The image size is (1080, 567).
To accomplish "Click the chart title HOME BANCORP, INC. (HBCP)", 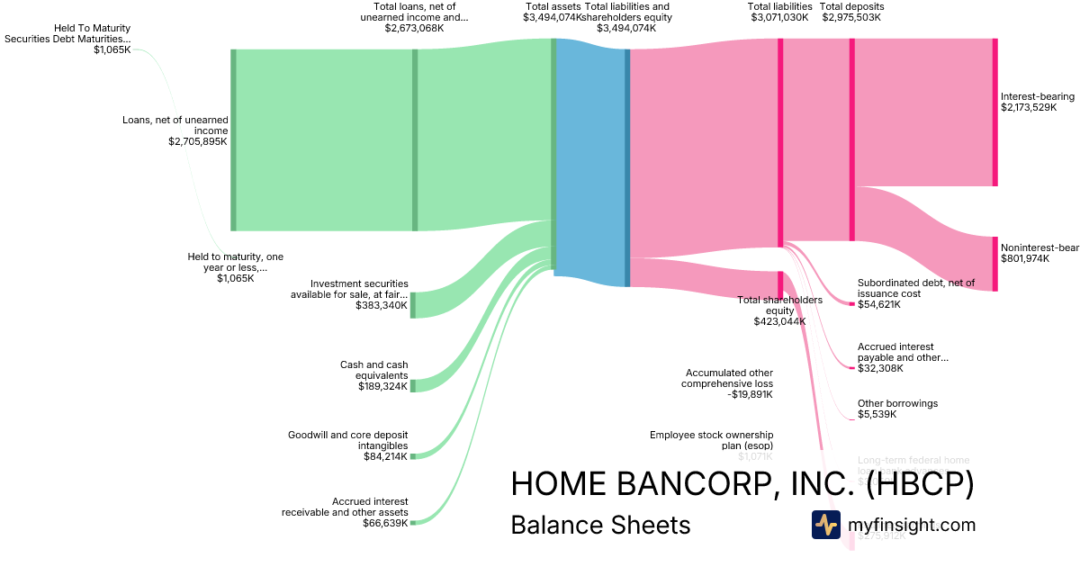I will tap(742, 484).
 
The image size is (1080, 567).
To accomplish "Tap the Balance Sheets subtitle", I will tap(600, 525).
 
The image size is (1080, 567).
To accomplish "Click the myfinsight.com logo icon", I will tap(825, 525).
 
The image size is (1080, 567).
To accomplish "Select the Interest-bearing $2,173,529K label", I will tap(1038, 102).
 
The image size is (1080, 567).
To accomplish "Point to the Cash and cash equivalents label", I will tap(373, 375).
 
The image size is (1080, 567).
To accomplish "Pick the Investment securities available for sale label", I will tap(349, 294).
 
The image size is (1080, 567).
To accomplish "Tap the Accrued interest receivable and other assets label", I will tap(346, 512).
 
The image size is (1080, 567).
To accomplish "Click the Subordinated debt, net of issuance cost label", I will tap(915, 293).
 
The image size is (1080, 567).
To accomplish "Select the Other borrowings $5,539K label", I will tap(897, 409).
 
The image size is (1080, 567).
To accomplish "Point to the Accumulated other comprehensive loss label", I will tap(729, 382).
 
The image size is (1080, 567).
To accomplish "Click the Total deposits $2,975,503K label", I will tap(850, 12).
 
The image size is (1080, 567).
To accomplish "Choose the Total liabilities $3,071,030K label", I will tap(780, 12).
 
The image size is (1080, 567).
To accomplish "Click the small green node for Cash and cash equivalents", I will tap(413, 385).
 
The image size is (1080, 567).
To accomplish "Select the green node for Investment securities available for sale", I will tap(413, 305).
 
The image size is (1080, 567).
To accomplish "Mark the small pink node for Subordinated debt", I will tap(851, 304).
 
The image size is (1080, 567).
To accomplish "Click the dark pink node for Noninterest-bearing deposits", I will tap(994, 263).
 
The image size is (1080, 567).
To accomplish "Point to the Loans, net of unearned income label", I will tap(175, 130).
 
